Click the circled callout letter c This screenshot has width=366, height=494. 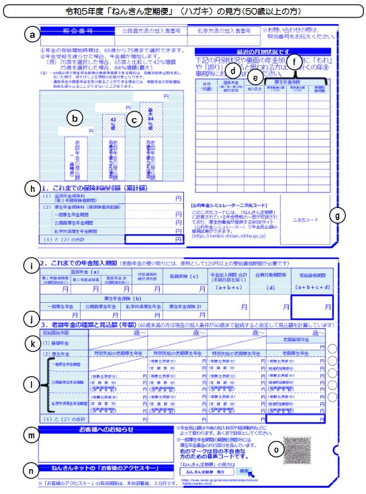[x=135, y=119]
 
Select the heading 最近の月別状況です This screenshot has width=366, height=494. [x=261, y=51]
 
